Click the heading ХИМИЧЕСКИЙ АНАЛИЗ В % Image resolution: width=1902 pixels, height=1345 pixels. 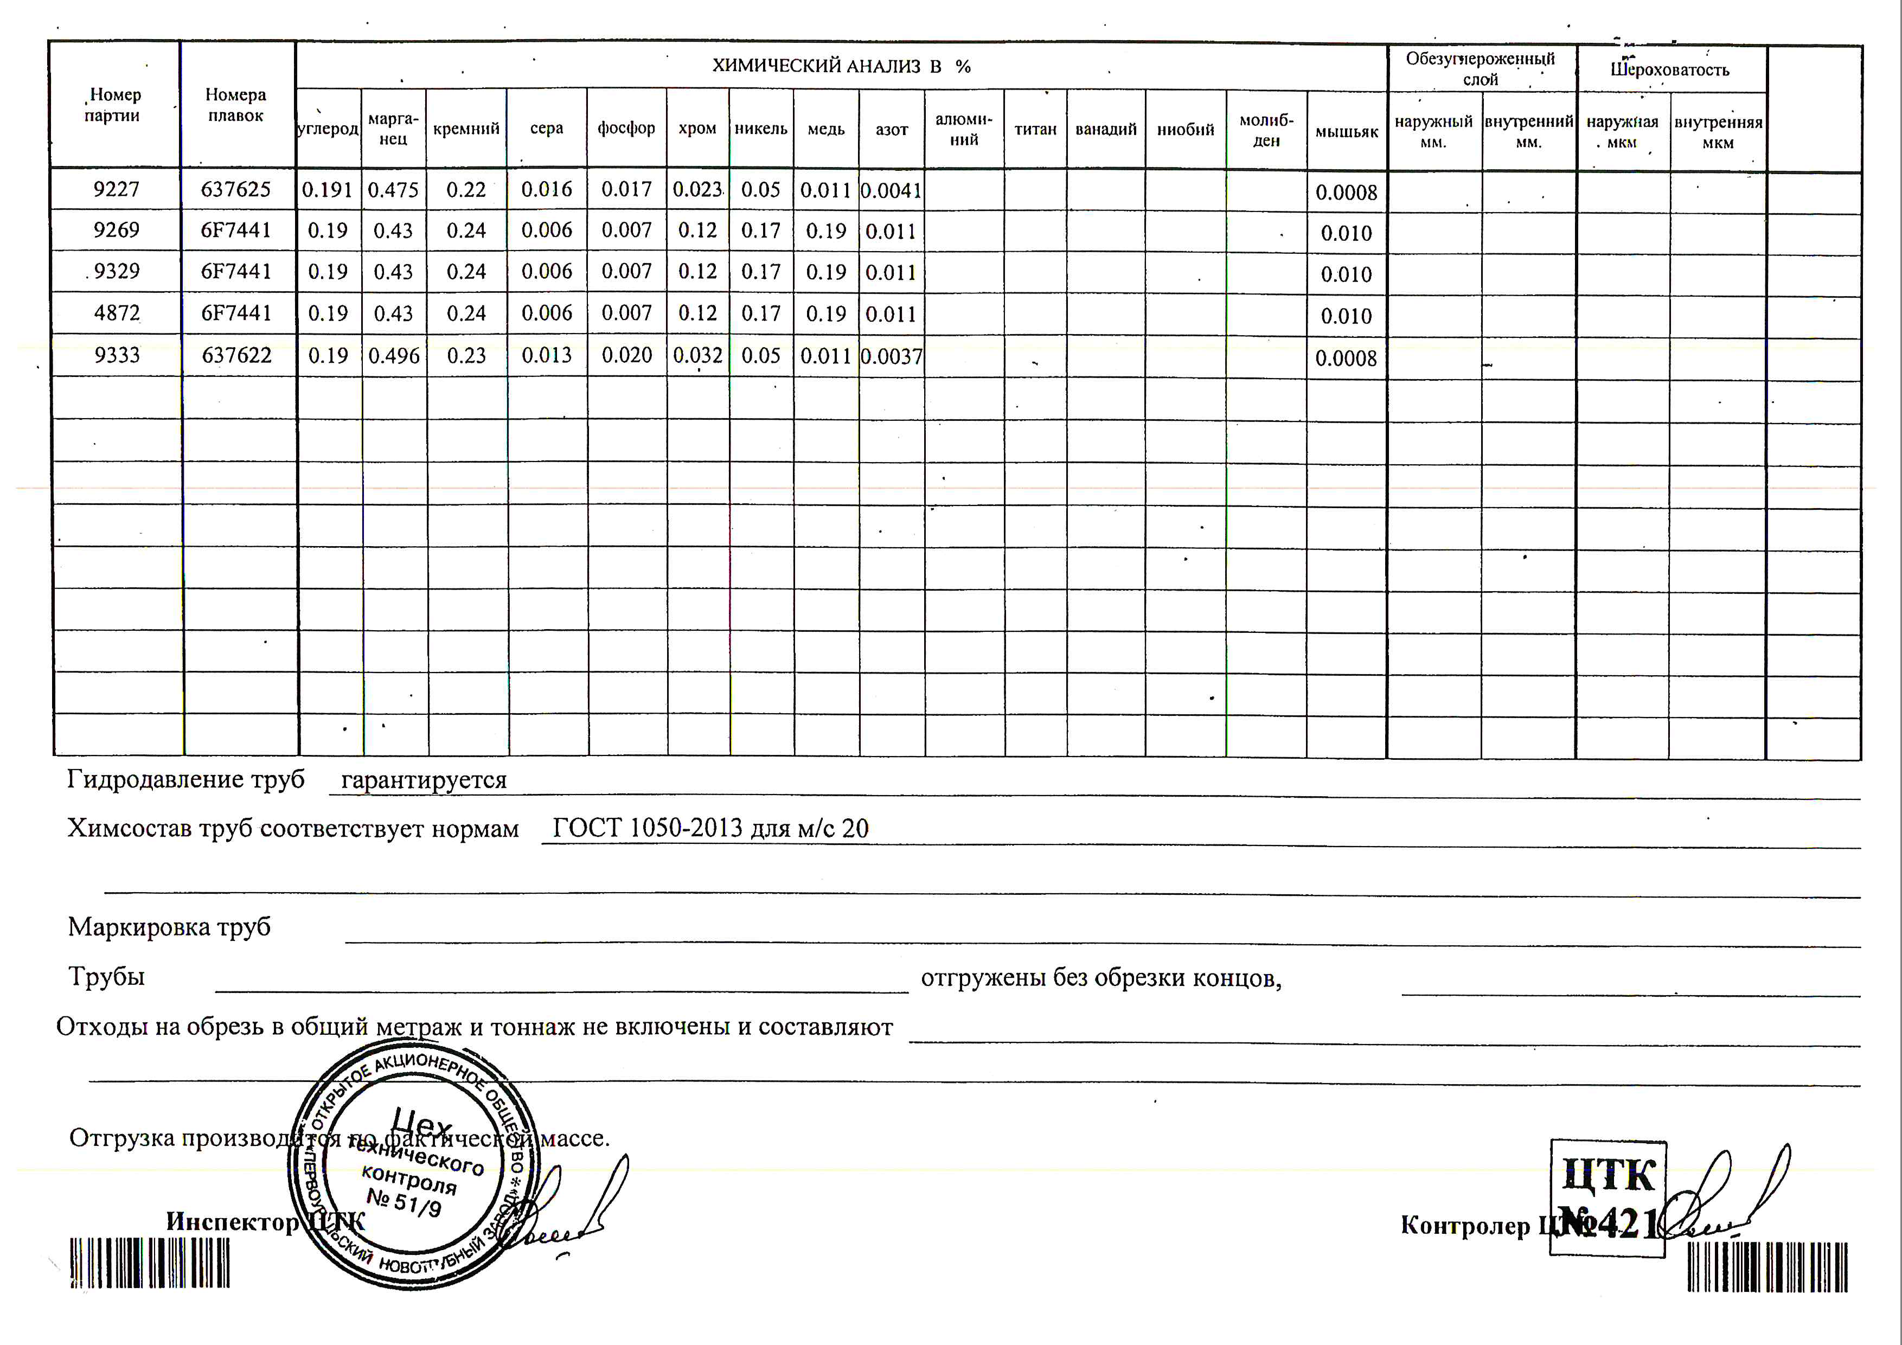click(x=841, y=66)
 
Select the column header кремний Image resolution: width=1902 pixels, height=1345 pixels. click(x=466, y=129)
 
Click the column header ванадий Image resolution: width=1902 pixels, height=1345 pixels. click(x=1106, y=129)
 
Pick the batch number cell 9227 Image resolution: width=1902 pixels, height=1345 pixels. click(x=116, y=190)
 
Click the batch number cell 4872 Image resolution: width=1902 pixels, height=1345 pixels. click(x=116, y=313)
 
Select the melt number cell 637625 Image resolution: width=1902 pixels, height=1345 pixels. click(x=236, y=190)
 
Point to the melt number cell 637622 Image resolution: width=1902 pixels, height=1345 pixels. click(x=236, y=355)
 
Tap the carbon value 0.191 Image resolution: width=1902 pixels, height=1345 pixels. click(x=327, y=190)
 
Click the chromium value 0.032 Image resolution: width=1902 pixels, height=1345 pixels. click(x=697, y=355)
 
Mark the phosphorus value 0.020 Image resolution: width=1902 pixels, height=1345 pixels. click(x=626, y=355)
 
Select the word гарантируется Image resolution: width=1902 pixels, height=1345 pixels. click(x=424, y=780)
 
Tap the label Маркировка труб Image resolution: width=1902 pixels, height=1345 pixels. click(x=169, y=927)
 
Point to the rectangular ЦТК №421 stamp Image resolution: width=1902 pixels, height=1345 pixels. click(x=1607, y=1197)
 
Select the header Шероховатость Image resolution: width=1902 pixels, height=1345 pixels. click(x=1669, y=69)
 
